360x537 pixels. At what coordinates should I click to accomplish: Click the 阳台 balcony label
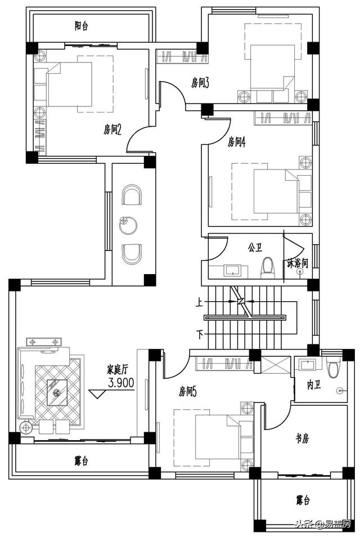[82, 26]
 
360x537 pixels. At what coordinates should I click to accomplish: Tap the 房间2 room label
[112, 129]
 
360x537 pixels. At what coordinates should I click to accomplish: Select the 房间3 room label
[200, 83]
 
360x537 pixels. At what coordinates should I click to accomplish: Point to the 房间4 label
[237, 141]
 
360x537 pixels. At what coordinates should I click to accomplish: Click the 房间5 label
[188, 391]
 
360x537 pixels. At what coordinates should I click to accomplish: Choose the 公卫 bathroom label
[255, 247]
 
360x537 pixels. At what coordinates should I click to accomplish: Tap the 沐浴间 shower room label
[298, 263]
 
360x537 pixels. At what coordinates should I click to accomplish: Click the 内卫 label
[314, 384]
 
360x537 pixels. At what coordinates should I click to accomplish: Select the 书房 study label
[303, 438]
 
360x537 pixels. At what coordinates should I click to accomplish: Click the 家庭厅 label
[118, 369]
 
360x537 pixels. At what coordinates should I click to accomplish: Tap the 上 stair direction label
[200, 302]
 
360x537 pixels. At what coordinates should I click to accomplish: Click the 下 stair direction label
[200, 334]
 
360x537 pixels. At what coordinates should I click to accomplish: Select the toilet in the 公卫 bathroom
[268, 268]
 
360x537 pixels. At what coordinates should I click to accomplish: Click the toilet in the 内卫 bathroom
[334, 367]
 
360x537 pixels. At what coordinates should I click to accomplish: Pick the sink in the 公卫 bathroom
[233, 270]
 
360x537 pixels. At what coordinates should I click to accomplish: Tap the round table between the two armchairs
[128, 225]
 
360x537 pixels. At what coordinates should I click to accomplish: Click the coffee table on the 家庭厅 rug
[57, 392]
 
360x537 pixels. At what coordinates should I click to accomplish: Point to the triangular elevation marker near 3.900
[97, 394]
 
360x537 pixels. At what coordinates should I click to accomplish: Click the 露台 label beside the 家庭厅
[82, 461]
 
